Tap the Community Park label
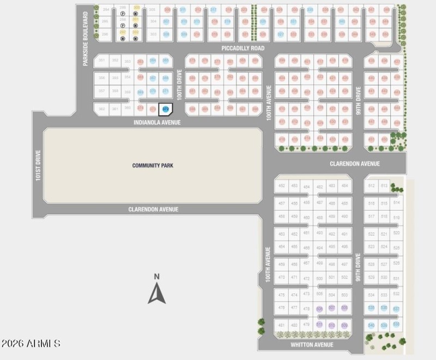click(153, 165)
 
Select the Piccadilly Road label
click(243, 49)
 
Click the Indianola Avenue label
click(157, 123)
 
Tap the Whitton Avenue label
click(312, 345)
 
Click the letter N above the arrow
click(156, 277)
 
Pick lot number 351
click(102, 61)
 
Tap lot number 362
click(102, 109)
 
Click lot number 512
click(372, 186)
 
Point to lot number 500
click(320, 278)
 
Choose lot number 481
click(281, 326)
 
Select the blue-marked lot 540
click(371, 326)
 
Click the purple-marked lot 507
click(332, 308)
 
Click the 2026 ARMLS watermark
click(31, 344)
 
